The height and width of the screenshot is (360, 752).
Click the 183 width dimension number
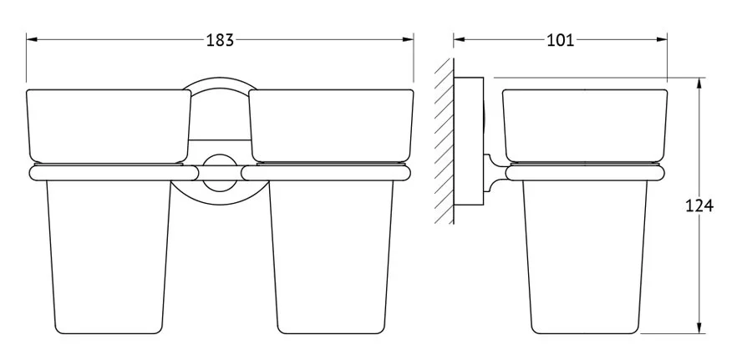click(x=220, y=40)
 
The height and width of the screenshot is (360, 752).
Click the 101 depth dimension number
click(x=560, y=40)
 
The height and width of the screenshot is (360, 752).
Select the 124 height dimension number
click(x=699, y=205)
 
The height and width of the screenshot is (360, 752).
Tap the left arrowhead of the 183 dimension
click(x=32, y=39)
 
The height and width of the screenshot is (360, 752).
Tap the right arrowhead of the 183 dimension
click(x=408, y=39)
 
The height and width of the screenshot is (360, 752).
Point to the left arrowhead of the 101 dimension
click(x=459, y=39)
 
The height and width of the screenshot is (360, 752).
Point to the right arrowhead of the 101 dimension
click(x=662, y=39)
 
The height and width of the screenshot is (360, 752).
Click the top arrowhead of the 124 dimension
click(x=699, y=84)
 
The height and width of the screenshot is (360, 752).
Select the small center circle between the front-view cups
click(x=220, y=172)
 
